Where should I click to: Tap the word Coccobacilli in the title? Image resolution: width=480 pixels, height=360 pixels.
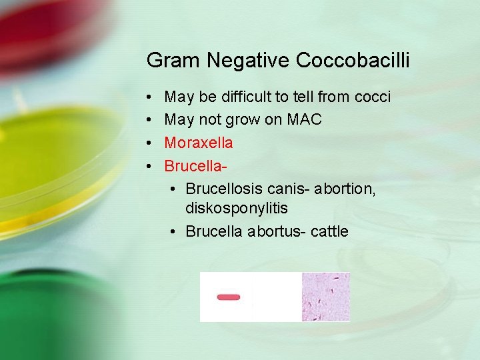coord(353,61)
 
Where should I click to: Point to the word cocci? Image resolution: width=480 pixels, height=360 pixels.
coord(373,97)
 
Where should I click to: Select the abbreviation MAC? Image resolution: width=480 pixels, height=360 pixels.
coord(304,120)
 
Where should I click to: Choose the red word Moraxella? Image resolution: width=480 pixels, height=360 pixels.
coord(199,143)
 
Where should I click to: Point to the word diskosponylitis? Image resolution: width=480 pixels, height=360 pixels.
coord(237,209)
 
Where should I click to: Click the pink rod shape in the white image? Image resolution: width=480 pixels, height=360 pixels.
coord(229,297)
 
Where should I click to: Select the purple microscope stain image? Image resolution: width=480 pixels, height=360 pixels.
coord(325,297)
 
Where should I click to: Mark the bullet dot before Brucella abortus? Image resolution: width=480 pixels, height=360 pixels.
coord(172,231)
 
